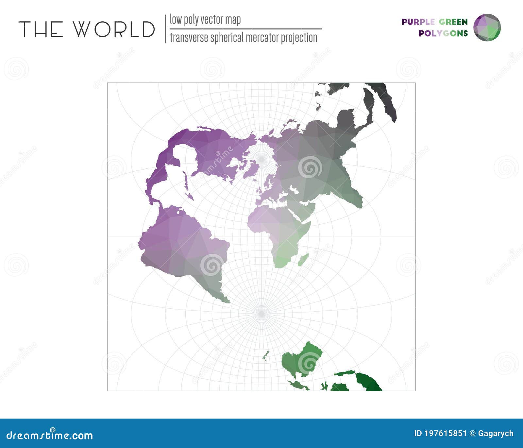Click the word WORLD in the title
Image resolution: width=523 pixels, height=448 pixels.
tap(114, 29)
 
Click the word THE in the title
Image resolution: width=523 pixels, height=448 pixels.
tap(41, 29)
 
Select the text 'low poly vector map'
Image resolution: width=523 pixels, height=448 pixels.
tap(205, 20)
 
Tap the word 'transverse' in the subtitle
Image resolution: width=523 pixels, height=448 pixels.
tap(189, 38)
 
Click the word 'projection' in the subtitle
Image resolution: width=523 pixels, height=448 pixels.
tap(299, 38)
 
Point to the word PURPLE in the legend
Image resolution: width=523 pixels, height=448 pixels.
tap(418, 22)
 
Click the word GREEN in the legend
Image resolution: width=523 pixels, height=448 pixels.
tap(453, 22)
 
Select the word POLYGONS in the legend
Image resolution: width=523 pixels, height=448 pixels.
tap(443, 33)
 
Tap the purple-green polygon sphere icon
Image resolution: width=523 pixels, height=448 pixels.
tap(487, 27)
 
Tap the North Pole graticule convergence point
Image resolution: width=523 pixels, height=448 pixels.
tap(261, 159)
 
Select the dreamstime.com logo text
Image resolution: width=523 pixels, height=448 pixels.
tap(50, 435)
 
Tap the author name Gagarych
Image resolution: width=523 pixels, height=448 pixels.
tap(496, 434)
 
